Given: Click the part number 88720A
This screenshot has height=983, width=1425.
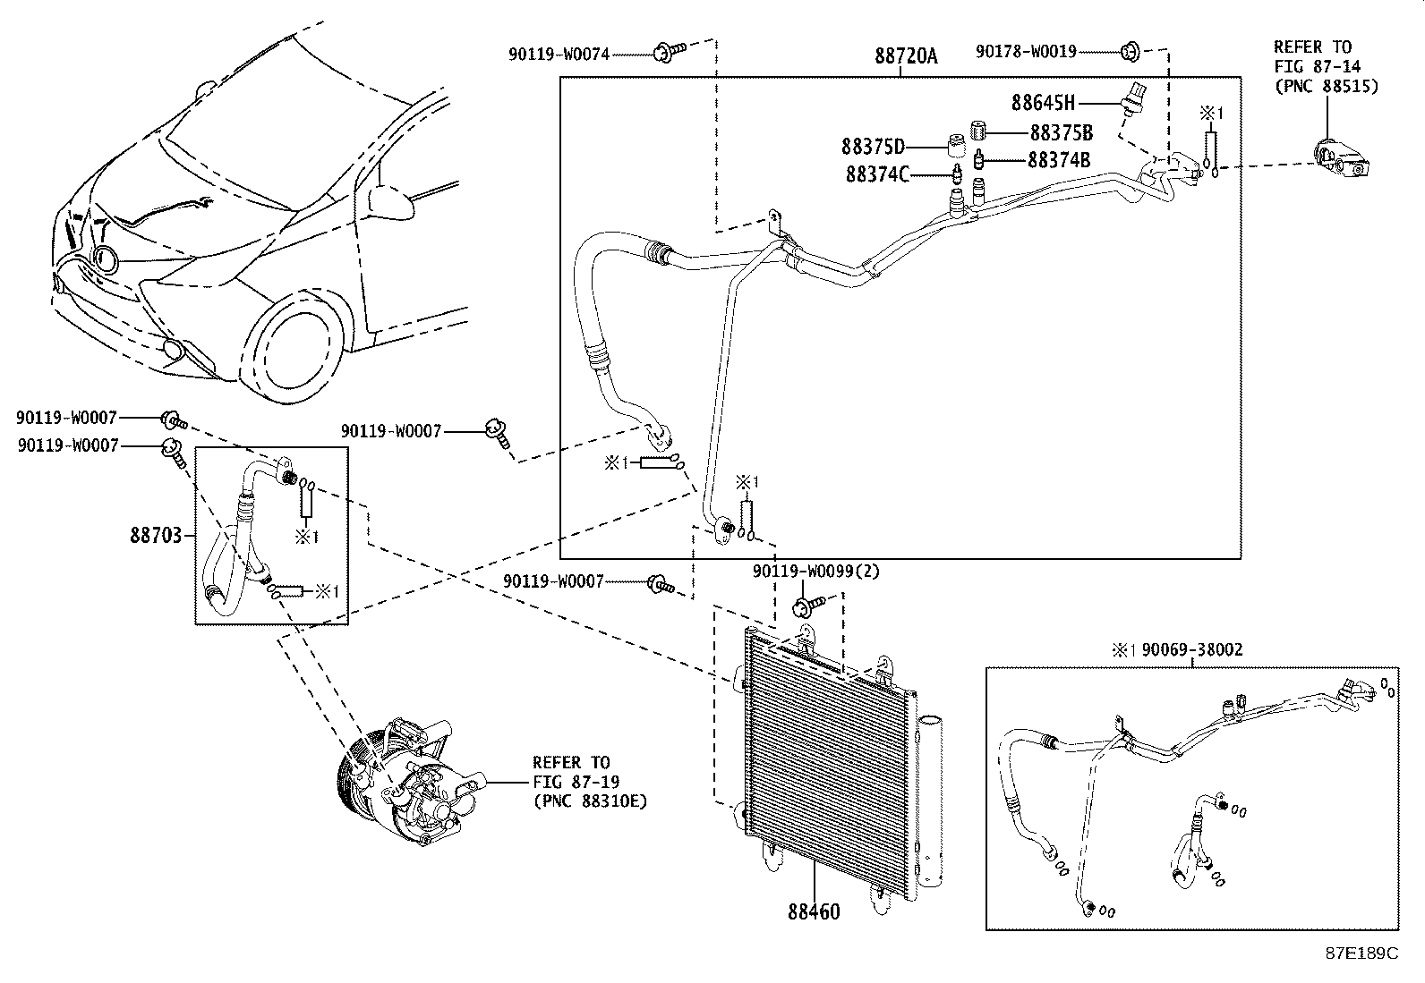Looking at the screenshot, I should tap(906, 56).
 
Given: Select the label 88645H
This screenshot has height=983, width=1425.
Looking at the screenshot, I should tap(1043, 103).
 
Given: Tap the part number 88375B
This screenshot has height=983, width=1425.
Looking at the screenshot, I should tap(1062, 133).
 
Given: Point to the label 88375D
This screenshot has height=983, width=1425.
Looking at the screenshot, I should tap(873, 146).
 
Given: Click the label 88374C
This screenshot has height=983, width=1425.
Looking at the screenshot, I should tap(877, 174).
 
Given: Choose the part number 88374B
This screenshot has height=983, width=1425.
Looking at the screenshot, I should tap(1059, 161).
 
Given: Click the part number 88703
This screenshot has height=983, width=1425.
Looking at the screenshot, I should tap(156, 535).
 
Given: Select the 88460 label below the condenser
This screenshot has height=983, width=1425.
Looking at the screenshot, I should tap(814, 912).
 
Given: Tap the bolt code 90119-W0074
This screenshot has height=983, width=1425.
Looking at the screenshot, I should tap(559, 55).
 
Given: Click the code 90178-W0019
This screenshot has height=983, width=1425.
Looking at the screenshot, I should tap(1026, 52).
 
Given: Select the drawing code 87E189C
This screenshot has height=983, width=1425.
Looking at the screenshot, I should tap(1361, 953).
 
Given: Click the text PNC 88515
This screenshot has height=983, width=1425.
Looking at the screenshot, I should tap(1326, 87).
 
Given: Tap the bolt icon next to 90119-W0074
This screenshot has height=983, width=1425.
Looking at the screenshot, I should tap(668, 53).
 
